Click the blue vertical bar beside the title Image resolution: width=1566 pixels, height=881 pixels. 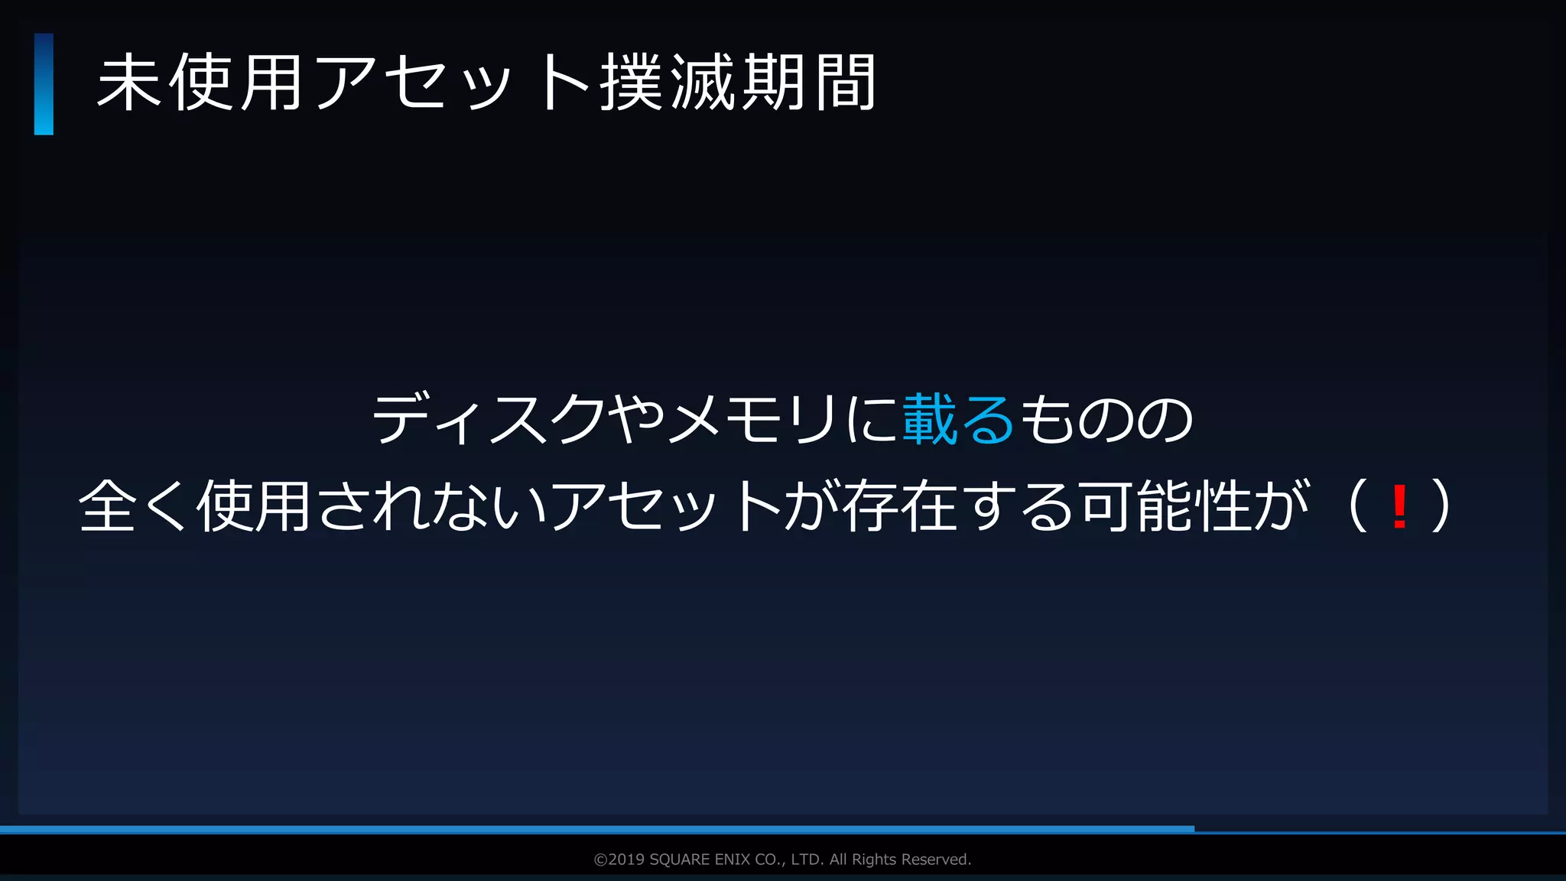(x=44, y=84)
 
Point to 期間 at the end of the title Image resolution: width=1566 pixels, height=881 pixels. (x=811, y=83)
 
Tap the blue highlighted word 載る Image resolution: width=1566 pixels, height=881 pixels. (x=958, y=419)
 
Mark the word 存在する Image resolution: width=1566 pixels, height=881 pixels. (x=960, y=506)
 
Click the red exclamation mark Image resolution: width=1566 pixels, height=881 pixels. (x=1400, y=506)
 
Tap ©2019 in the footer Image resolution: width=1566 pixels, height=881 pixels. (x=619, y=860)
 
